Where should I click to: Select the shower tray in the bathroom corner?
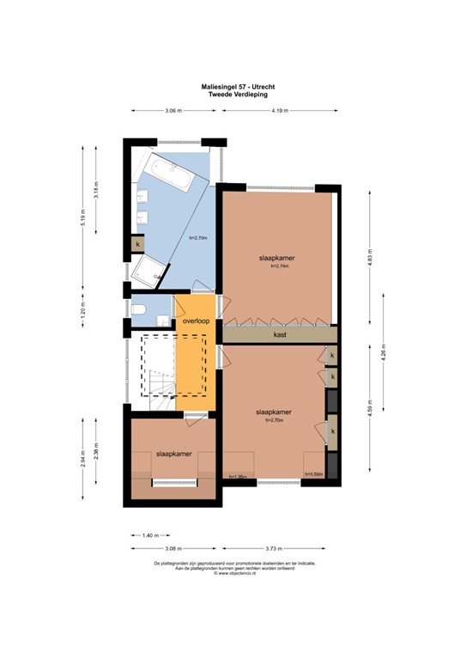click(149, 271)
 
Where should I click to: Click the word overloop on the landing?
click(197, 321)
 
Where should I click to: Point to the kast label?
click(280, 334)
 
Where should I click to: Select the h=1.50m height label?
click(314, 474)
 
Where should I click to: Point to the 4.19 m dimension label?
click(280, 112)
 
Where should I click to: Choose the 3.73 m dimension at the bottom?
click(275, 547)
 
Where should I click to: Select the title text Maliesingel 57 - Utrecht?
click(233, 88)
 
